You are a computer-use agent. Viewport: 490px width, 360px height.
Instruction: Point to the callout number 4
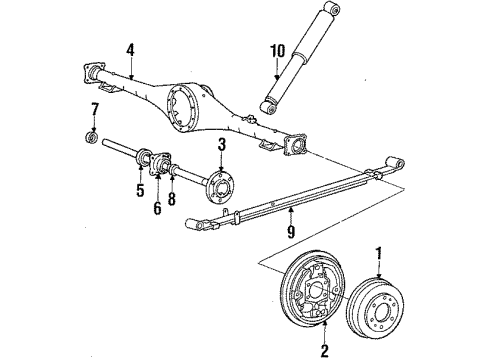coord(130,48)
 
